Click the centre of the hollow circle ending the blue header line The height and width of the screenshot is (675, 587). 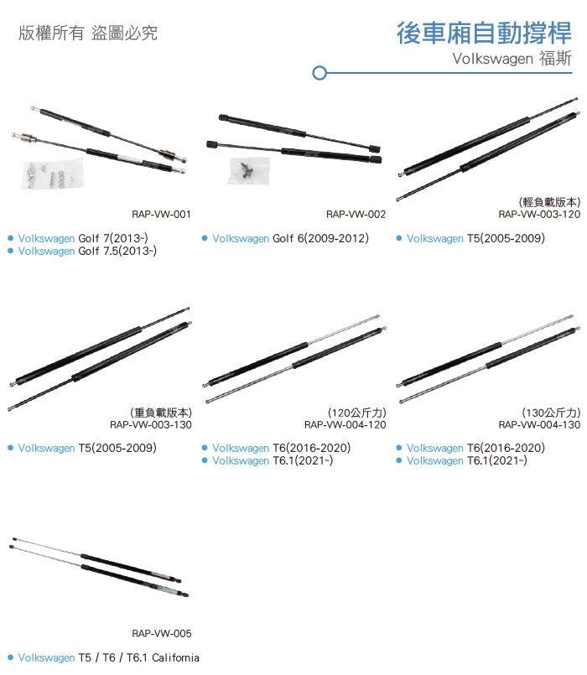tap(319, 73)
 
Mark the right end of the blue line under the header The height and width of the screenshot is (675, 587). tap(572, 73)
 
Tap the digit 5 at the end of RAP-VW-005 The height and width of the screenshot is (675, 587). tap(188, 633)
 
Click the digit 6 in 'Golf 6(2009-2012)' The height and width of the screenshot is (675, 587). tap(300, 238)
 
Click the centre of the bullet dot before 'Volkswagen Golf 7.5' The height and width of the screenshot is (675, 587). tap(11, 251)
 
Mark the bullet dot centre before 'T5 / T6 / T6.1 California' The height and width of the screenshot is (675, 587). tap(11, 657)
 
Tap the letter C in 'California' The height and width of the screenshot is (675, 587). tap(155, 657)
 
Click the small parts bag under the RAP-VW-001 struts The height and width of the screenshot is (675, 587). tap(52, 174)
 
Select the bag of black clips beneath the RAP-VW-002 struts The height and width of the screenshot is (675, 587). tap(249, 171)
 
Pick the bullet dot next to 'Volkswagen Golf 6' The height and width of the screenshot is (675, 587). tap(205, 238)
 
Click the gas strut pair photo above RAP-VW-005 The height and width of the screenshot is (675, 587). tap(99, 568)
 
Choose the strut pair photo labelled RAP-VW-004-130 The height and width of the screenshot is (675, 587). tap(488, 359)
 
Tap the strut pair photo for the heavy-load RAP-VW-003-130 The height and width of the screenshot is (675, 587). tap(100, 359)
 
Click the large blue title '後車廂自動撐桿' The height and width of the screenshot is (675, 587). tap(484, 34)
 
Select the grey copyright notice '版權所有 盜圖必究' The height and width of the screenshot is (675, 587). tap(88, 33)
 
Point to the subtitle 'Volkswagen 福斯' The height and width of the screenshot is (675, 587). tap(512, 58)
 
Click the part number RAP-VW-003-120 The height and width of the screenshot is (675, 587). tap(539, 214)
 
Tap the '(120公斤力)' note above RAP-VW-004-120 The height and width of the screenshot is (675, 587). tap(357, 413)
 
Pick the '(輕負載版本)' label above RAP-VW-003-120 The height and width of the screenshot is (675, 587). tap(549, 202)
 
